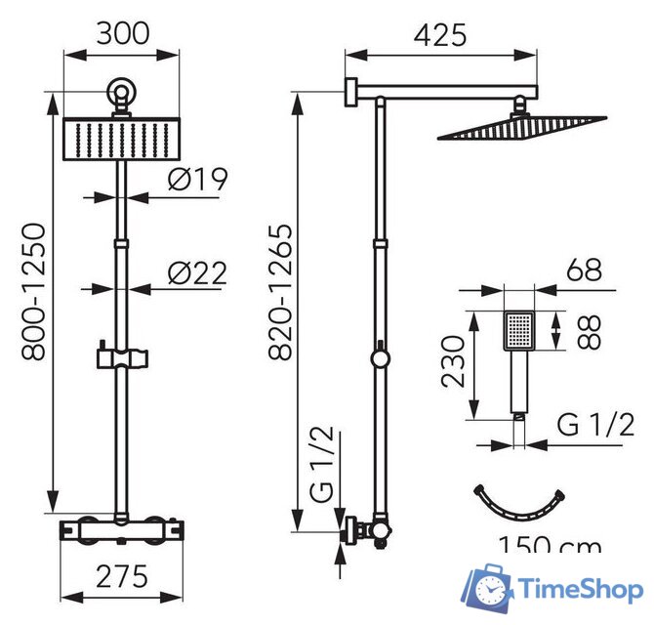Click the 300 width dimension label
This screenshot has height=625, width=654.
[x=123, y=33]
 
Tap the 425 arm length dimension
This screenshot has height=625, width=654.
[x=440, y=34]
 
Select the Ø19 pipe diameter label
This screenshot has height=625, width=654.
[x=198, y=179]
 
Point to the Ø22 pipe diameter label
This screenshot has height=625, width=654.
[x=197, y=273]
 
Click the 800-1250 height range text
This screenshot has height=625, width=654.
[x=33, y=292]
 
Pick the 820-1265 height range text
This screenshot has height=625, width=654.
[x=280, y=292]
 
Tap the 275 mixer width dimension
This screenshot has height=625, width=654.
[x=122, y=576]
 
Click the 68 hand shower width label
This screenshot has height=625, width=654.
[x=584, y=270]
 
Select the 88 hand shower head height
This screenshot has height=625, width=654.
[x=589, y=332]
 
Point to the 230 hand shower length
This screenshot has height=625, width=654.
[x=453, y=361]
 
